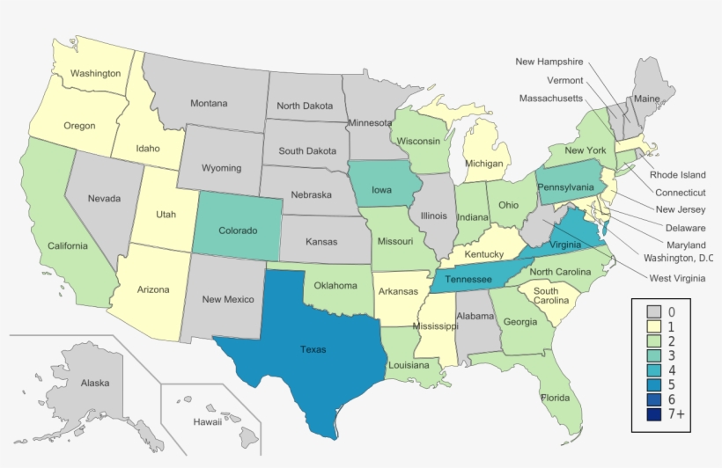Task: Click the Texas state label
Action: [313, 349]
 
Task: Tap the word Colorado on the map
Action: [238, 230]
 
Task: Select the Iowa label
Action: [381, 188]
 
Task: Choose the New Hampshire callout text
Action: [549, 62]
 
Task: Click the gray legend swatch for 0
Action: [654, 311]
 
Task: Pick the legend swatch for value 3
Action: [654, 355]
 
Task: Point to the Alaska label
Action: [95, 384]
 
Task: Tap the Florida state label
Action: [555, 398]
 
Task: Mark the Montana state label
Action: [209, 104]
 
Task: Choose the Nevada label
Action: [104, 199]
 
